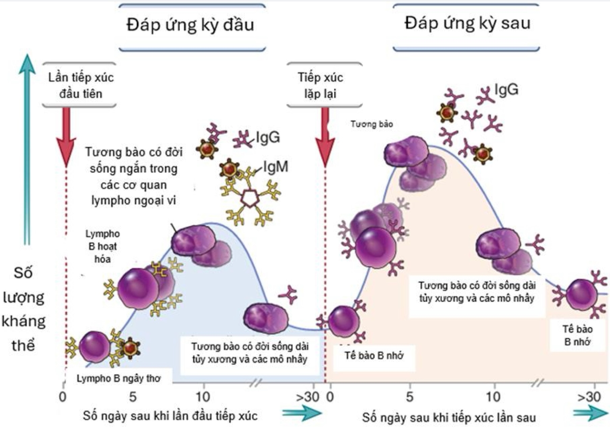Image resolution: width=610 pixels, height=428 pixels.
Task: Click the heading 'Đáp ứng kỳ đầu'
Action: pos(191,25)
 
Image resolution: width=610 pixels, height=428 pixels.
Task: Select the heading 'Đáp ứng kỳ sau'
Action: pos(467,23)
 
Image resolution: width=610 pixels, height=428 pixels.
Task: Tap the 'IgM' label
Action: pos(276,167)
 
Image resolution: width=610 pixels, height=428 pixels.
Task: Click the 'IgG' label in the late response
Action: pos(506,89)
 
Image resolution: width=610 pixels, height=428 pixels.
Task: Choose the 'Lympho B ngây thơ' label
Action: pos(118,378)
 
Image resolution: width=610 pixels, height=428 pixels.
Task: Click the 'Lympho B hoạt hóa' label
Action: pos(103,247)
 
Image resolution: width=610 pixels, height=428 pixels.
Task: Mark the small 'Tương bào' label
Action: pos(371,124)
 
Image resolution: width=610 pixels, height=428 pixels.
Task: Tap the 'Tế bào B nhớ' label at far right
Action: pos(577,335)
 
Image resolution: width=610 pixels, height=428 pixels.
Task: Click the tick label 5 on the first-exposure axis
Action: pos(133,397)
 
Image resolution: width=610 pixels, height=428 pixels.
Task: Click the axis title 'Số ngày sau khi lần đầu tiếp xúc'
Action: pos(170,416)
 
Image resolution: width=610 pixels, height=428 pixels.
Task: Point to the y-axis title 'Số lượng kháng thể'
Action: pos(23,309)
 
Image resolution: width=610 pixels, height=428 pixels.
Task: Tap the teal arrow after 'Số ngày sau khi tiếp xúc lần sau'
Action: pos(590,414)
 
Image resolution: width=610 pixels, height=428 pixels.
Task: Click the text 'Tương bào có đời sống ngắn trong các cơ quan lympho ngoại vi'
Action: pos(133,176)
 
